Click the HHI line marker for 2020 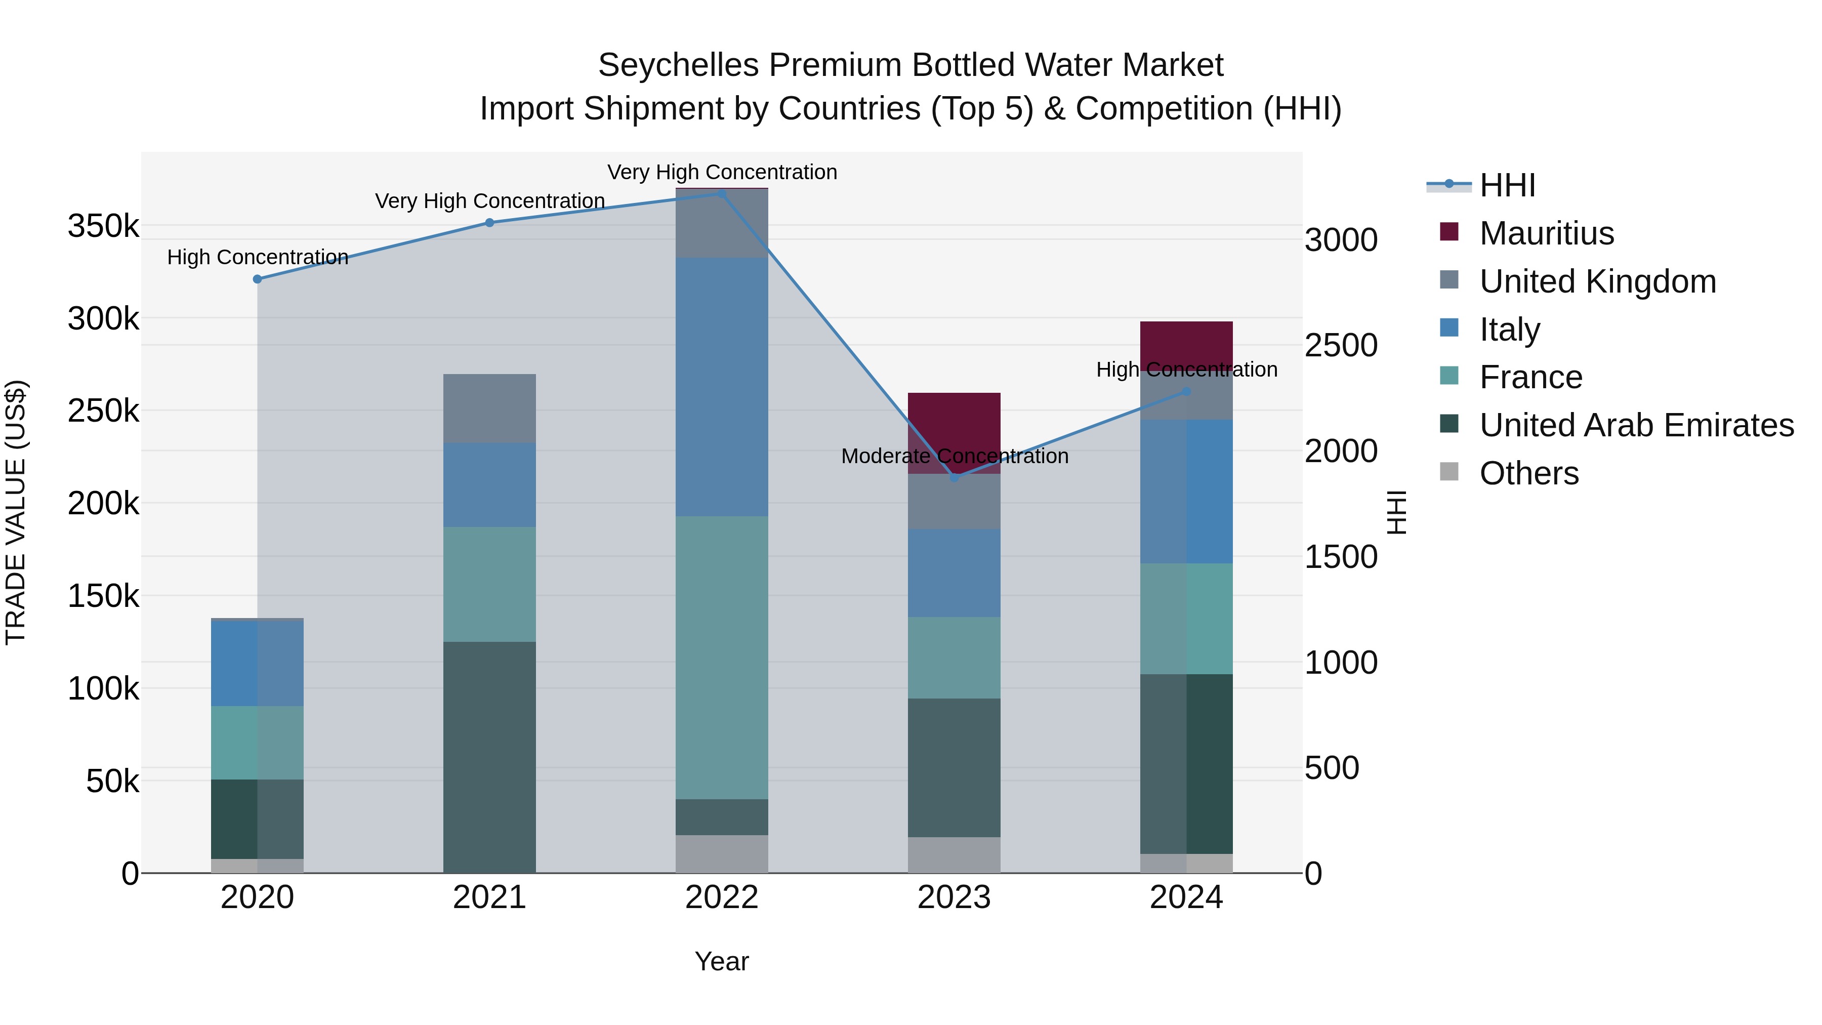[258, 279]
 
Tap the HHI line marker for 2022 [722, 193]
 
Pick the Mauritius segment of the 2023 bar [954, 425]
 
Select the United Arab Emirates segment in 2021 [489, 757]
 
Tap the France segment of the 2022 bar [722, 658]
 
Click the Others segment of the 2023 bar [954, 855]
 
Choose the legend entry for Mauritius [1546, 233]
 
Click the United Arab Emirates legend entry [1636, 425]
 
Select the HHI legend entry [1507, 185]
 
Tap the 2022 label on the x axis [722, 897]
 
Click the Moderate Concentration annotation [954, 456]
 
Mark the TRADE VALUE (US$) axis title [16, 512]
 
